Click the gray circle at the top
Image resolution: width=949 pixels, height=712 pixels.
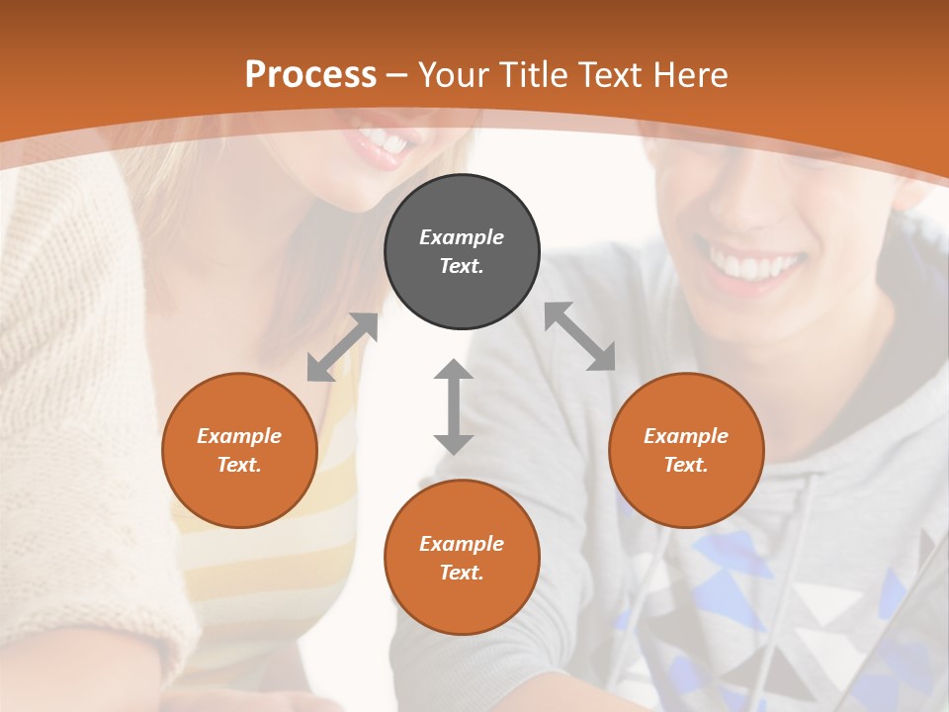click(x=462, y=252)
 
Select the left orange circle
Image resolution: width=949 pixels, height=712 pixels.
click(x=239, y=450)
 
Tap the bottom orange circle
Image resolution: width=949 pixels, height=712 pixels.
click(x=462, y=558)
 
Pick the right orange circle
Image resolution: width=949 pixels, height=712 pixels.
click(x=686, y=450)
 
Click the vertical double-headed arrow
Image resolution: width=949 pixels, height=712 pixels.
click(x=454, y=406)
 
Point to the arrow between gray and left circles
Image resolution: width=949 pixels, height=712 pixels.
click(x=342, y=347)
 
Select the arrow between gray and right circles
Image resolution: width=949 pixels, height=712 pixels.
click(x=579, y=336)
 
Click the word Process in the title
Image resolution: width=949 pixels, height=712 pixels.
click(x=310, y=74)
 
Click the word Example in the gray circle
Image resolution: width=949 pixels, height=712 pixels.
click(x=462, y=237)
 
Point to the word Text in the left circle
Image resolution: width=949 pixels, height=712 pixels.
click(x=239, y=465)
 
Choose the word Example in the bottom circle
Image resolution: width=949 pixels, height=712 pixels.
click(x=462, y=544)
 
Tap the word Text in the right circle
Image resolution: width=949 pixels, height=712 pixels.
click(x=686, y=465)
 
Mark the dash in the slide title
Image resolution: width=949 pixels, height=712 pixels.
click(x=397, y=76)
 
